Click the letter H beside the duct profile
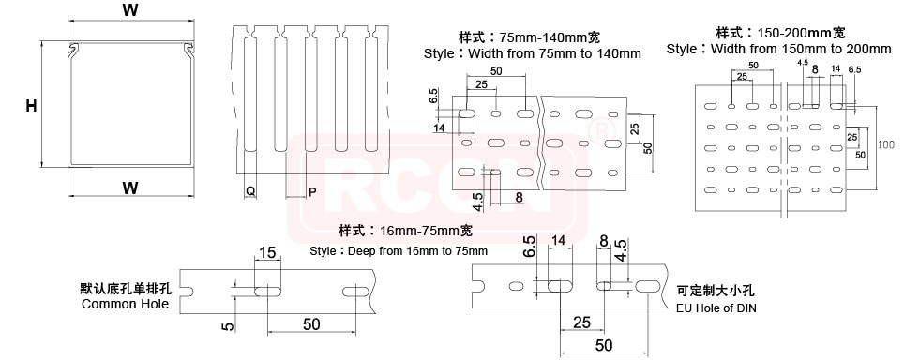[32, 105]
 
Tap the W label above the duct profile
[131, 9]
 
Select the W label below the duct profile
[131, 187]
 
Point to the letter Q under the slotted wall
[249, 191]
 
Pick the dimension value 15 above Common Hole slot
[267, 252]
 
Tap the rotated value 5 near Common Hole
[228, 326]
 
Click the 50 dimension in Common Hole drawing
[311, 324]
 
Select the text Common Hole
[126, 304]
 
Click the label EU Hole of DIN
[716, 308]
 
